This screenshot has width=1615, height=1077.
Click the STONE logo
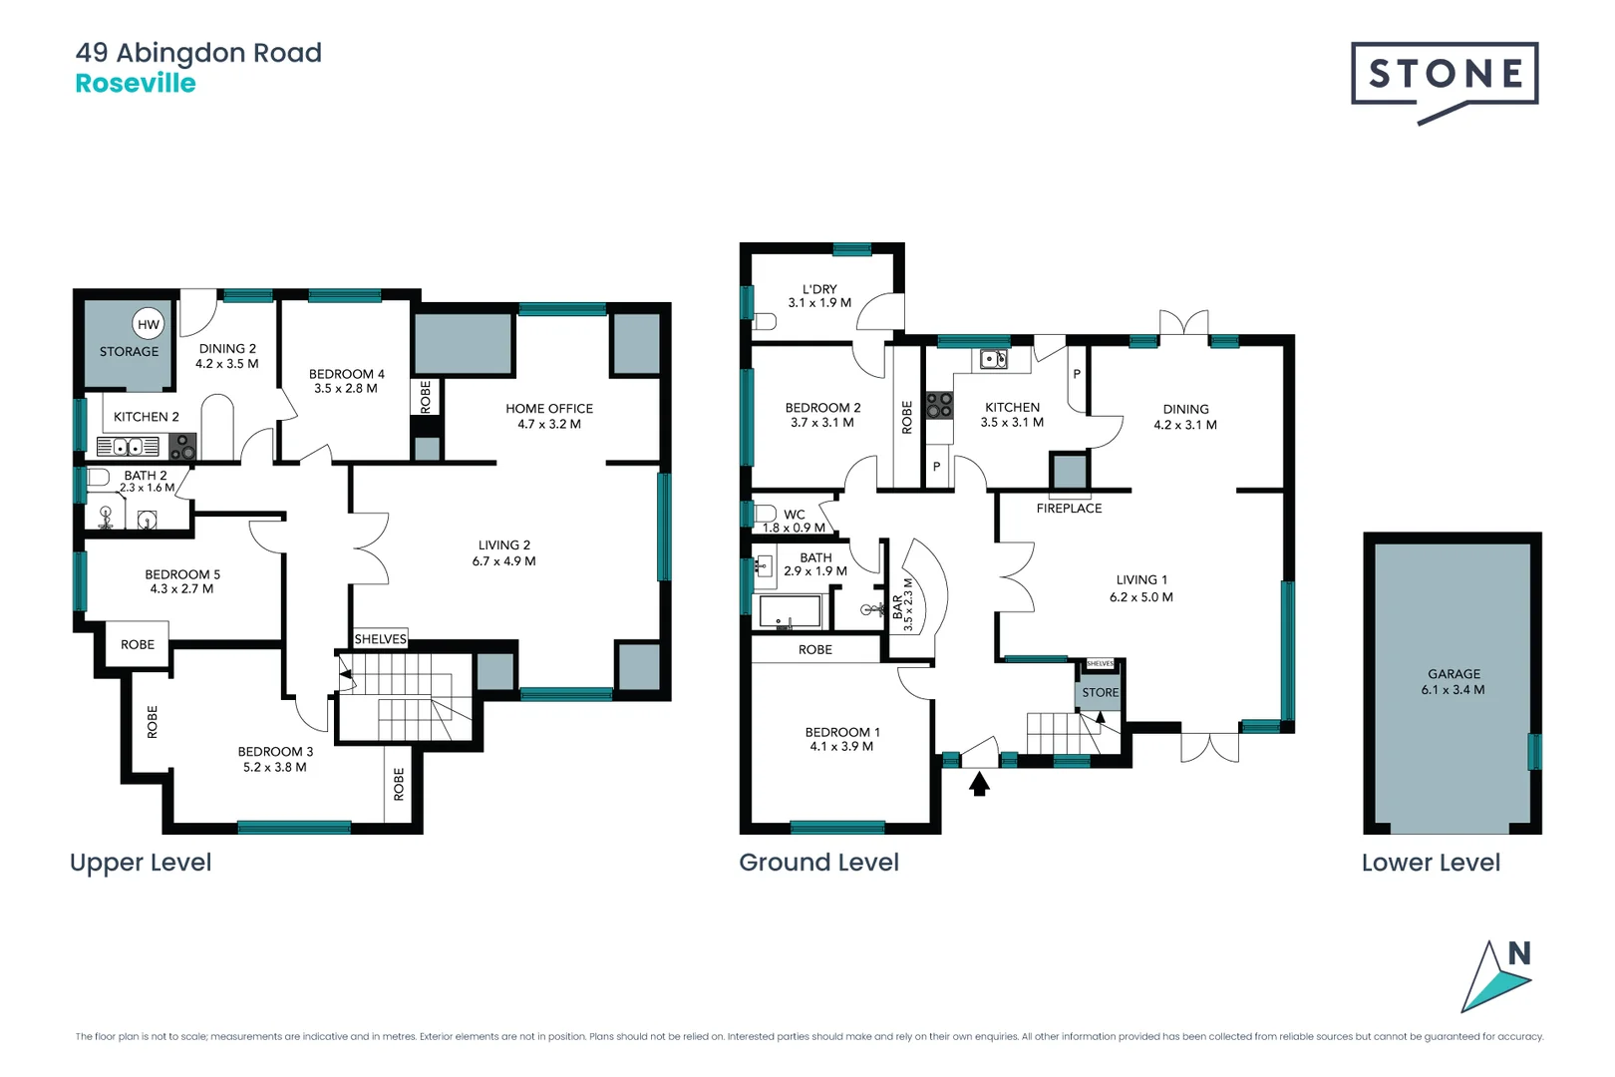1445,75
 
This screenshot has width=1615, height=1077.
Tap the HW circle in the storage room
149,324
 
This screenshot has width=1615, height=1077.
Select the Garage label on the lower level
1453,674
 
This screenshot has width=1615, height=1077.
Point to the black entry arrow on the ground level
980,785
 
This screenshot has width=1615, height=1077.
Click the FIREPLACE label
1069,509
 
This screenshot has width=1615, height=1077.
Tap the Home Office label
548,409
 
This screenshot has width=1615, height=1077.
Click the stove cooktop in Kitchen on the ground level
939,405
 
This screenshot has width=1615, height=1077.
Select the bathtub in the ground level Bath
791,611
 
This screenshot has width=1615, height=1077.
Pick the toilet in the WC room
765,514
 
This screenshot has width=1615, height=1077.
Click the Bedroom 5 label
182,574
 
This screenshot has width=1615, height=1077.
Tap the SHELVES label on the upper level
381,639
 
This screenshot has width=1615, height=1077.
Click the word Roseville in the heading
136,84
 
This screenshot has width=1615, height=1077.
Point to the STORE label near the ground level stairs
1101,692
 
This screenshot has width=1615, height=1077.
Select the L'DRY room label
819,289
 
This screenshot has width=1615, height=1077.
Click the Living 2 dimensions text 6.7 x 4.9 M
503,561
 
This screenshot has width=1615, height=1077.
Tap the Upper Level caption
141,863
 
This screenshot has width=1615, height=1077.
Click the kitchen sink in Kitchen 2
128,446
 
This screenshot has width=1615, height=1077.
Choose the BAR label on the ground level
897,607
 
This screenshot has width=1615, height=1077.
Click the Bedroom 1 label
841,732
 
